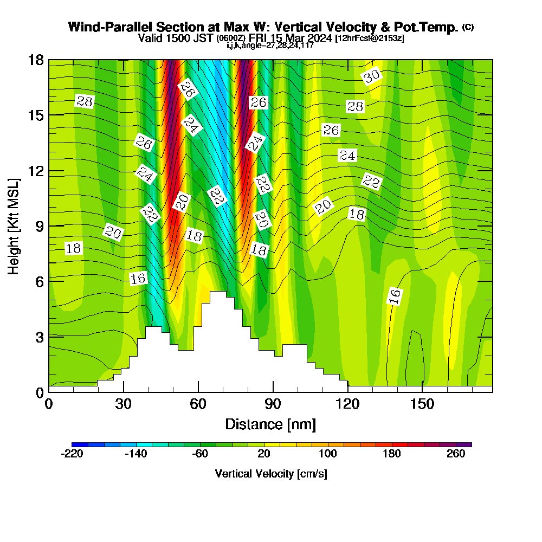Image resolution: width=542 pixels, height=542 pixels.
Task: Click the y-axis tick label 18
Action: [x=36, y=60]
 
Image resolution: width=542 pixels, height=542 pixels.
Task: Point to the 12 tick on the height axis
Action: [x=36, y=170]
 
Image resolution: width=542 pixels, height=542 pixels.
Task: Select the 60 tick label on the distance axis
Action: [x=198, y=404]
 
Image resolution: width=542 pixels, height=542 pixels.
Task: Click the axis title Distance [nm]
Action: [x=270, y=424]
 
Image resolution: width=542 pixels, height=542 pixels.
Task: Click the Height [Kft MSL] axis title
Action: [x=14, y=225]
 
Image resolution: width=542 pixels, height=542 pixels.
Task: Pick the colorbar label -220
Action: [x=72, y=454]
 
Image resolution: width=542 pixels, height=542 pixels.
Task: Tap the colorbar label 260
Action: [x=456, y=454]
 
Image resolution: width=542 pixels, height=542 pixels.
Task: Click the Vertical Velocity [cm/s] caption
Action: [x=270, y=474]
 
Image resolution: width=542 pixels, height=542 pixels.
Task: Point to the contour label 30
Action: [x=372, y=77]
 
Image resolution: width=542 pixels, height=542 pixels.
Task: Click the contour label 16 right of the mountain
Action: [x=395, y=296]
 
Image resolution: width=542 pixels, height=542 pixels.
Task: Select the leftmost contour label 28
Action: [x=85, y=101]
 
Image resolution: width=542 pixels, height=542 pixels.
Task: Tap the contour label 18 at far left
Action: [x=73, y=249]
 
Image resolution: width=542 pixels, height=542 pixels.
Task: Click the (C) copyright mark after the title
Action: [x=468, y=27]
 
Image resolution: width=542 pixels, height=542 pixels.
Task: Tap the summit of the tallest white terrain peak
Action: [x=218, y=293]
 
